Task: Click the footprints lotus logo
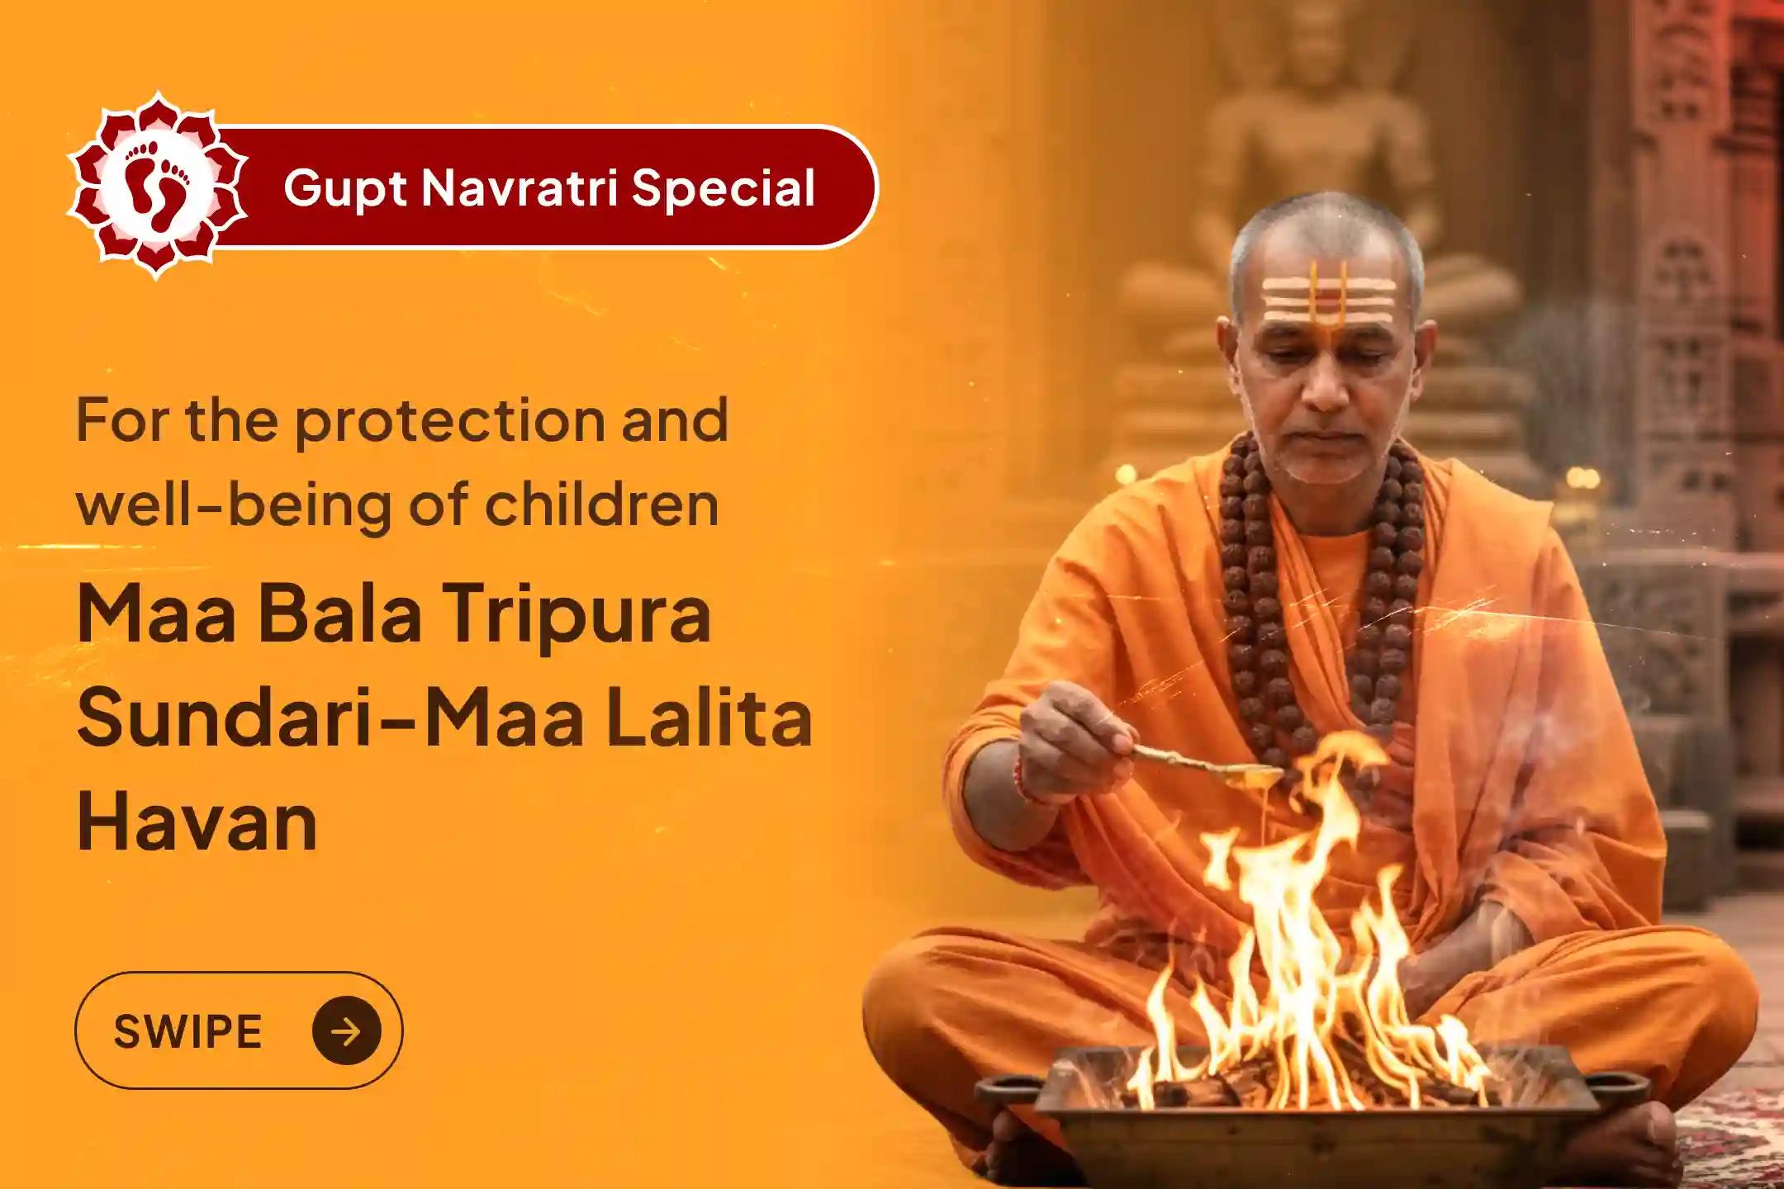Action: [157, 185]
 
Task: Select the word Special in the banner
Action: [724, 188]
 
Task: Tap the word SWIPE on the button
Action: [188, 1031]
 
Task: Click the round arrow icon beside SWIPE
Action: [347, 1030]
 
